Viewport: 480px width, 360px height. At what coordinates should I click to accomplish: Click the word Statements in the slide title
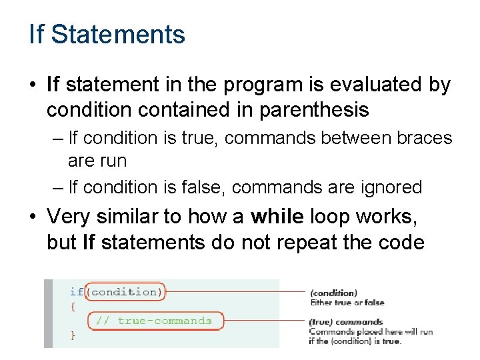point(118,34)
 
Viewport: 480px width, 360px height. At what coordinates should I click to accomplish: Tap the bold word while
point(277,217)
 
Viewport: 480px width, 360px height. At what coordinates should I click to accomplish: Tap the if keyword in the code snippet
point(76,291)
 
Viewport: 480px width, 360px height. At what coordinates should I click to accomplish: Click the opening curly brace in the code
point(73,306)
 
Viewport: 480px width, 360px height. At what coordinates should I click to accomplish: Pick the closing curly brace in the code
point(73,335)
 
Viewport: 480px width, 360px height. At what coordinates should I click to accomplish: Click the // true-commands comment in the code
point(153,321)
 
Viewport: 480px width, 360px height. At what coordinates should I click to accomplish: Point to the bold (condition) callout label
point(333,293)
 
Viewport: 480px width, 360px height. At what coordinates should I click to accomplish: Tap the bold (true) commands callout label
point(345,322)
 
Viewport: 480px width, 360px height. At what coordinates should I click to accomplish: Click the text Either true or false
point(347,303)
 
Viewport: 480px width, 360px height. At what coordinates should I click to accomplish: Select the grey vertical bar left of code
point(48,313)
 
